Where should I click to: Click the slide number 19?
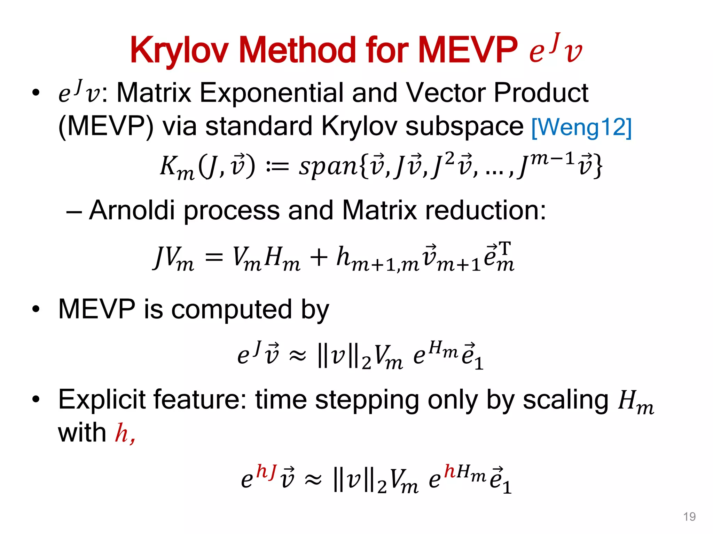point(689,517)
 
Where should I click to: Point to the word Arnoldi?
point(132,210)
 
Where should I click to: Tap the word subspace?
point(464,126)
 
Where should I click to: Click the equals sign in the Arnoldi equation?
point(214,258)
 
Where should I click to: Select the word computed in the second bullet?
point(232,309)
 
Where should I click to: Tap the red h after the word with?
point(122,433)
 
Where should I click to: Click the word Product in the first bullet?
point(541,93)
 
